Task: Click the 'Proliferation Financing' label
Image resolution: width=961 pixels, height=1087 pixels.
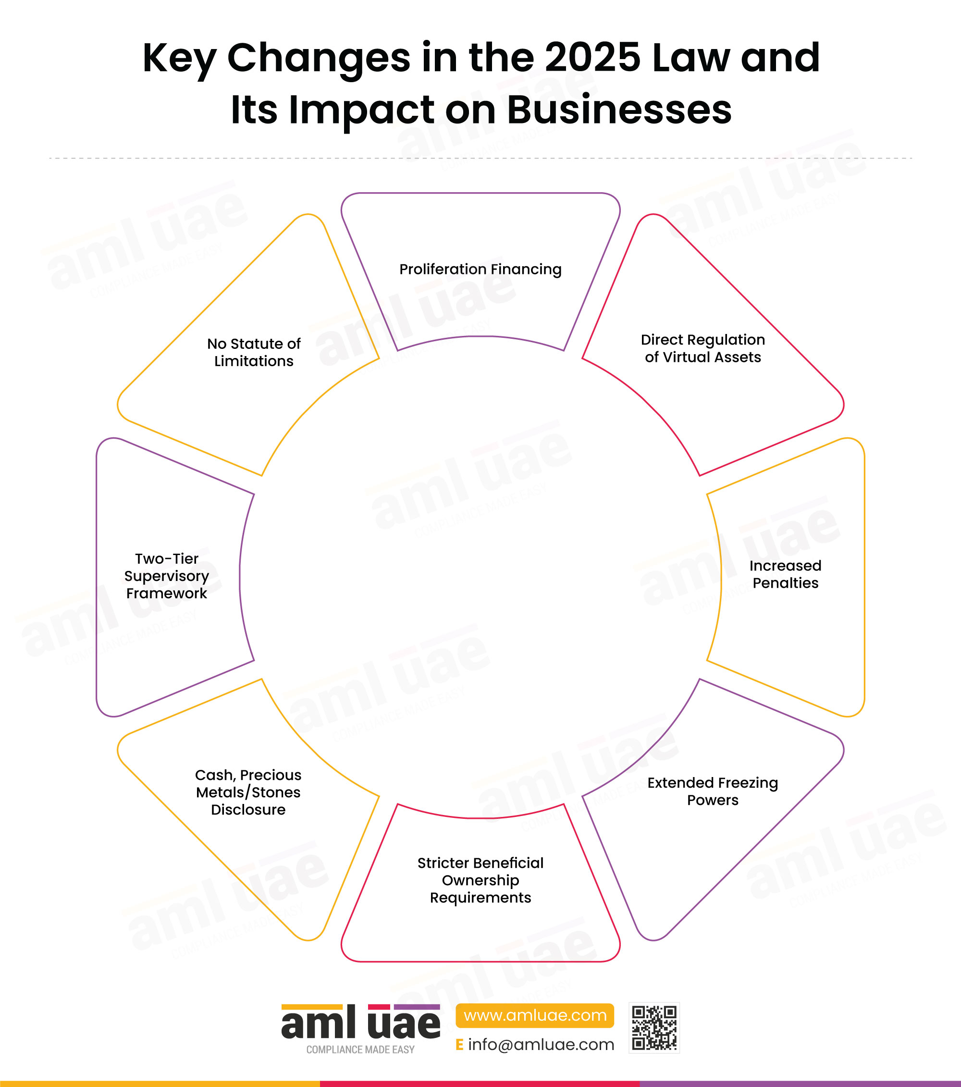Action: coord(480,270)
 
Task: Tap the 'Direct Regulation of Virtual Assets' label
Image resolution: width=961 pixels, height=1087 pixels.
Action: coord(702,348)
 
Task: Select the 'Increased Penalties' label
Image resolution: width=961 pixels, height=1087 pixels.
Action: coord(785,574)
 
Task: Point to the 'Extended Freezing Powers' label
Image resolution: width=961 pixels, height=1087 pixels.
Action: coord(713,791)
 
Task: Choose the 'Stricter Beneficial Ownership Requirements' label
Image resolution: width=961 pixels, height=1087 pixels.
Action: coord(480,880)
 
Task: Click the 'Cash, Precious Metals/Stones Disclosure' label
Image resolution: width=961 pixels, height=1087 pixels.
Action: coord(248,792)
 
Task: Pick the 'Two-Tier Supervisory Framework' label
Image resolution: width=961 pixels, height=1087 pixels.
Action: coord(166,576)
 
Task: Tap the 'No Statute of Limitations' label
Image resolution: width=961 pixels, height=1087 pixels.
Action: coord(254,352)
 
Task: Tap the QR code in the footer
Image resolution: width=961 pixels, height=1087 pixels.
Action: coord(654,1028)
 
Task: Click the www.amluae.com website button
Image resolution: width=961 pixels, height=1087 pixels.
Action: coord(534,1015)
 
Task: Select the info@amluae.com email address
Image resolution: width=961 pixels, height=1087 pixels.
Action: coord(541,1044)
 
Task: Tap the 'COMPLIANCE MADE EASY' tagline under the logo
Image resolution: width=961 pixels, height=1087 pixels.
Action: coord(360,1049)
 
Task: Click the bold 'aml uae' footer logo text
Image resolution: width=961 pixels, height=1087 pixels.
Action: coord(360,1023)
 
